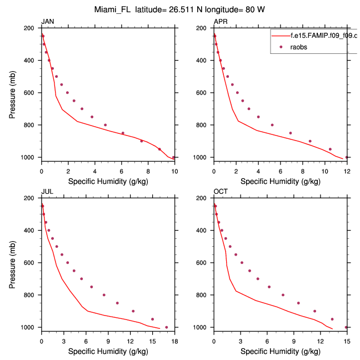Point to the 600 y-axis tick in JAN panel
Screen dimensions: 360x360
coord(32,93)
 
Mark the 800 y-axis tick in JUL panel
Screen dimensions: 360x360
coord(32,295)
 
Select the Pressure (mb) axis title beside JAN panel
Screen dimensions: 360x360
coord(12,93)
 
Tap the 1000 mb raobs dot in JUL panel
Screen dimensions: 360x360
coord(166,327)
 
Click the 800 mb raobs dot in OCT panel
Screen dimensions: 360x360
coord(283,295)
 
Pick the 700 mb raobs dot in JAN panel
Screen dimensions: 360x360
coord(82,109)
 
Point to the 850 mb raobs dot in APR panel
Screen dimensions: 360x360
coord(290,133)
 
